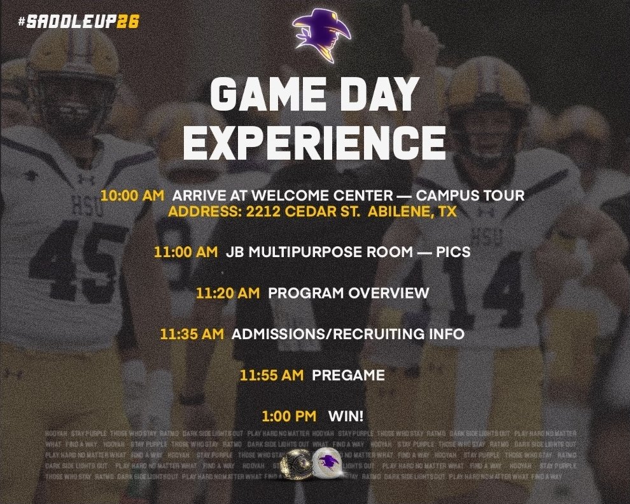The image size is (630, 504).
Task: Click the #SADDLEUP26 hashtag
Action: point(79,22)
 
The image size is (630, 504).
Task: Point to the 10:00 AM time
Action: point(132,196)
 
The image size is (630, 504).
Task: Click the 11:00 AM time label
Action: point(185,252)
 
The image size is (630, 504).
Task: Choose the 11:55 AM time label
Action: point(272,375)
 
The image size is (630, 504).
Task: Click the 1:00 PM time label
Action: point(289,416)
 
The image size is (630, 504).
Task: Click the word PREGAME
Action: point(349,375)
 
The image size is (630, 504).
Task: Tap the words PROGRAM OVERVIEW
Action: point(349,293)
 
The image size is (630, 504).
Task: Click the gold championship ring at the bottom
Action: point(297,459)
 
